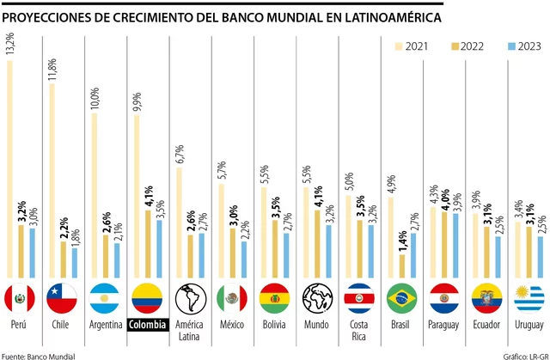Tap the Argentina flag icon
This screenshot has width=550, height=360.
click(x=103, y=298)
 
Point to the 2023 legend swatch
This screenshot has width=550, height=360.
click(x=507, y=46)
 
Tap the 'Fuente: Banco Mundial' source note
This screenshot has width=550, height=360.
click(x=39, y=354)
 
